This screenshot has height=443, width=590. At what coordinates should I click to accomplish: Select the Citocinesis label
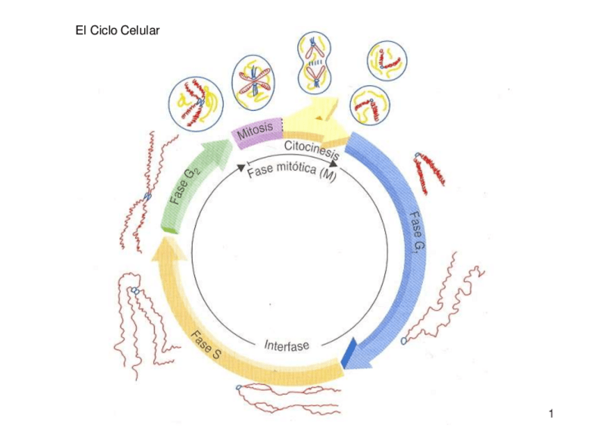pos(311,149)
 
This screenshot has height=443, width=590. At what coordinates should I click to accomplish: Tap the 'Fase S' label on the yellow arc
pos(207,345)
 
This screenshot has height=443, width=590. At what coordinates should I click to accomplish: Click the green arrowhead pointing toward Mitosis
pos(221,148)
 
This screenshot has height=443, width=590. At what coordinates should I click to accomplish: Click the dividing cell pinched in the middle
pos(317,63)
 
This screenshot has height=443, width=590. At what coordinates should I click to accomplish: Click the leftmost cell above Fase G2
pos(196,102)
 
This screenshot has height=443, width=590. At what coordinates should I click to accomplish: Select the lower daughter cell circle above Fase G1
pos(369,106)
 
